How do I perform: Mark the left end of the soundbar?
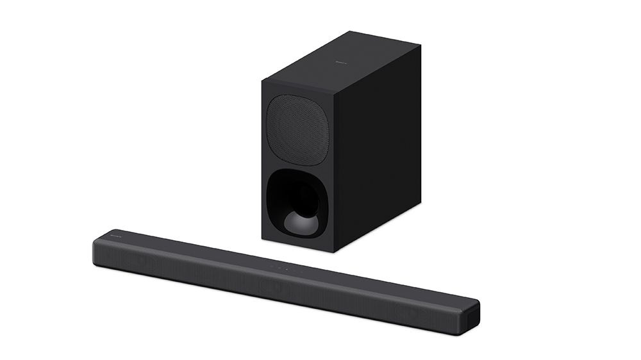96,247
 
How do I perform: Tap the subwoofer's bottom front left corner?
262,239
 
